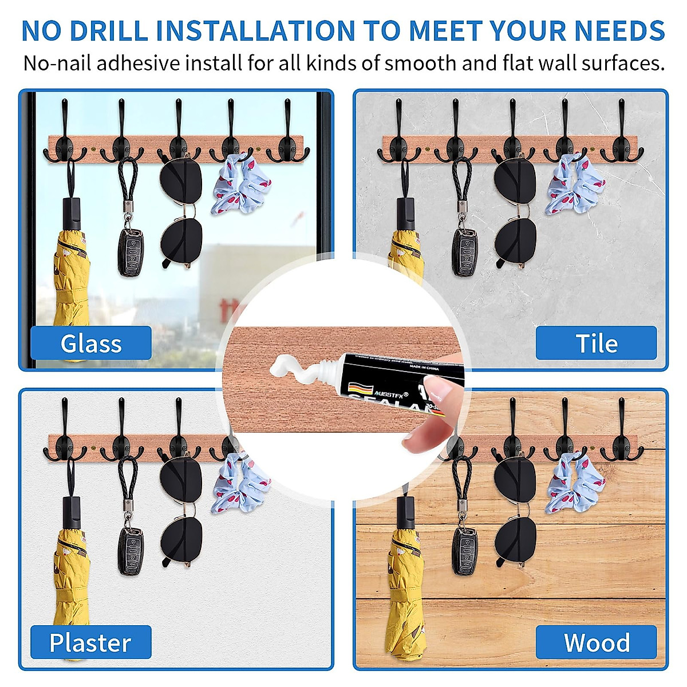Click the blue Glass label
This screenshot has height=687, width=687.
click(x=91, y=343)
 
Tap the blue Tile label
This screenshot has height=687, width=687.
click(x=596, y=343)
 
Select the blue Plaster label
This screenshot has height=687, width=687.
click(x=90, y=642)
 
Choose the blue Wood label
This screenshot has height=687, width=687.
click(x=596, y=642)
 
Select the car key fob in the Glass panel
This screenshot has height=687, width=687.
click(x=131, y=252)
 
